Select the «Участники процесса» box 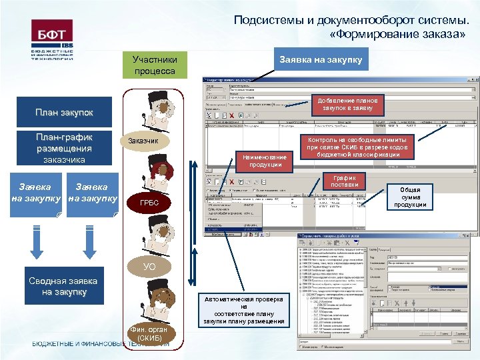click(154, 65)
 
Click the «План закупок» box click(64, 113)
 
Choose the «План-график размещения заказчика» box click(64, 148)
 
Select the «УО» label click(150, 266)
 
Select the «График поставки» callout click(347, 181)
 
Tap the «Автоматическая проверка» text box click(244, 311)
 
